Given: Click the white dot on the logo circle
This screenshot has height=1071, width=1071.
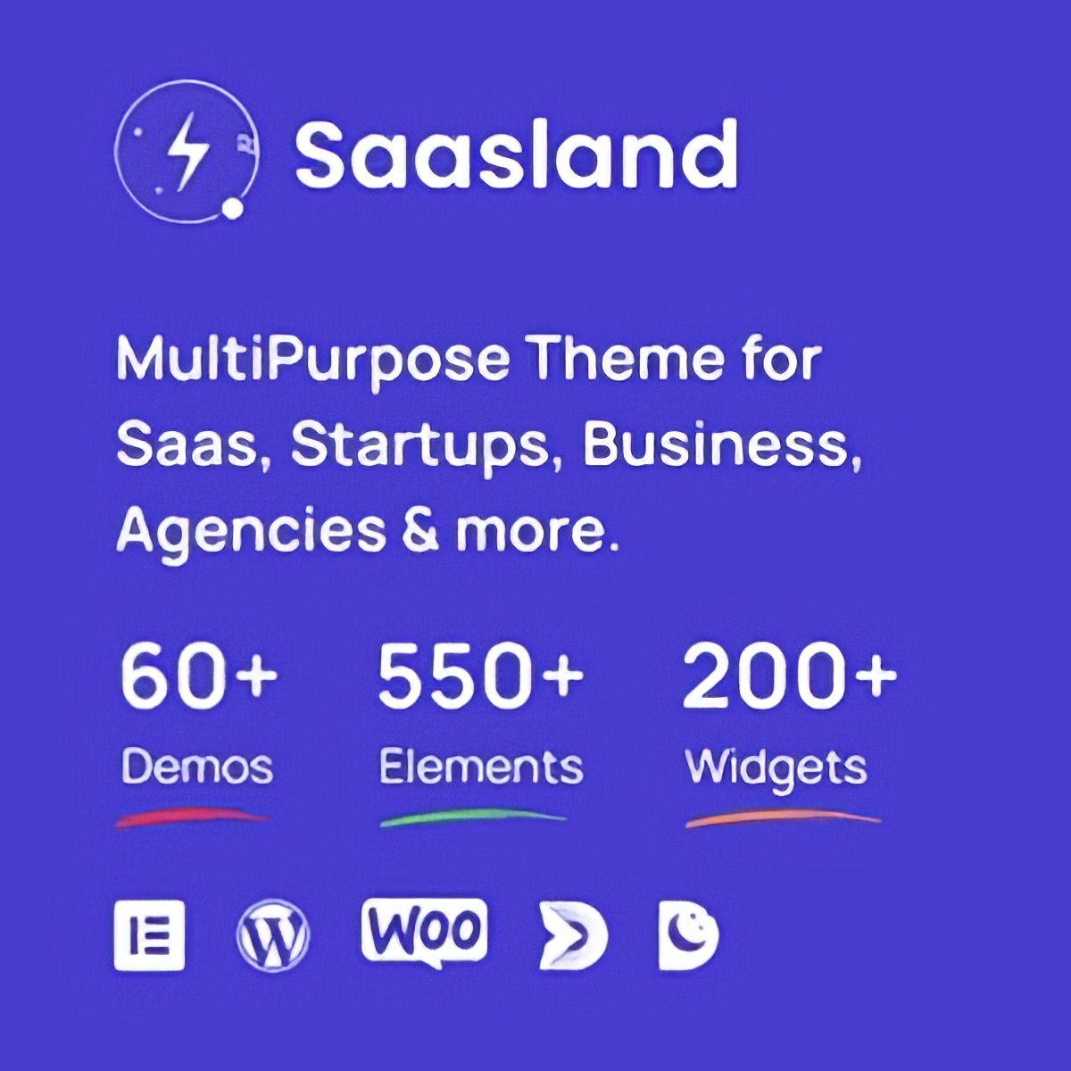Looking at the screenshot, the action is point(233,209).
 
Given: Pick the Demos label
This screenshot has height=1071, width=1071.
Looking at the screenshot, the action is point(196,767).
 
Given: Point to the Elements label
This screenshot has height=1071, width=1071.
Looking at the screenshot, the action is point(481,767).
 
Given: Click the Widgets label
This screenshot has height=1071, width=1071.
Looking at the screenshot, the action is point(776,769).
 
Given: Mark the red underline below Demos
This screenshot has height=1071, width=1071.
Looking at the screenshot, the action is point(192,818).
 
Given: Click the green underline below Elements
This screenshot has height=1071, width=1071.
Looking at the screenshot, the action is point(472,818).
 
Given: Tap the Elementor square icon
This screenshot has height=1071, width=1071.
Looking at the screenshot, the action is point(149,935).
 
